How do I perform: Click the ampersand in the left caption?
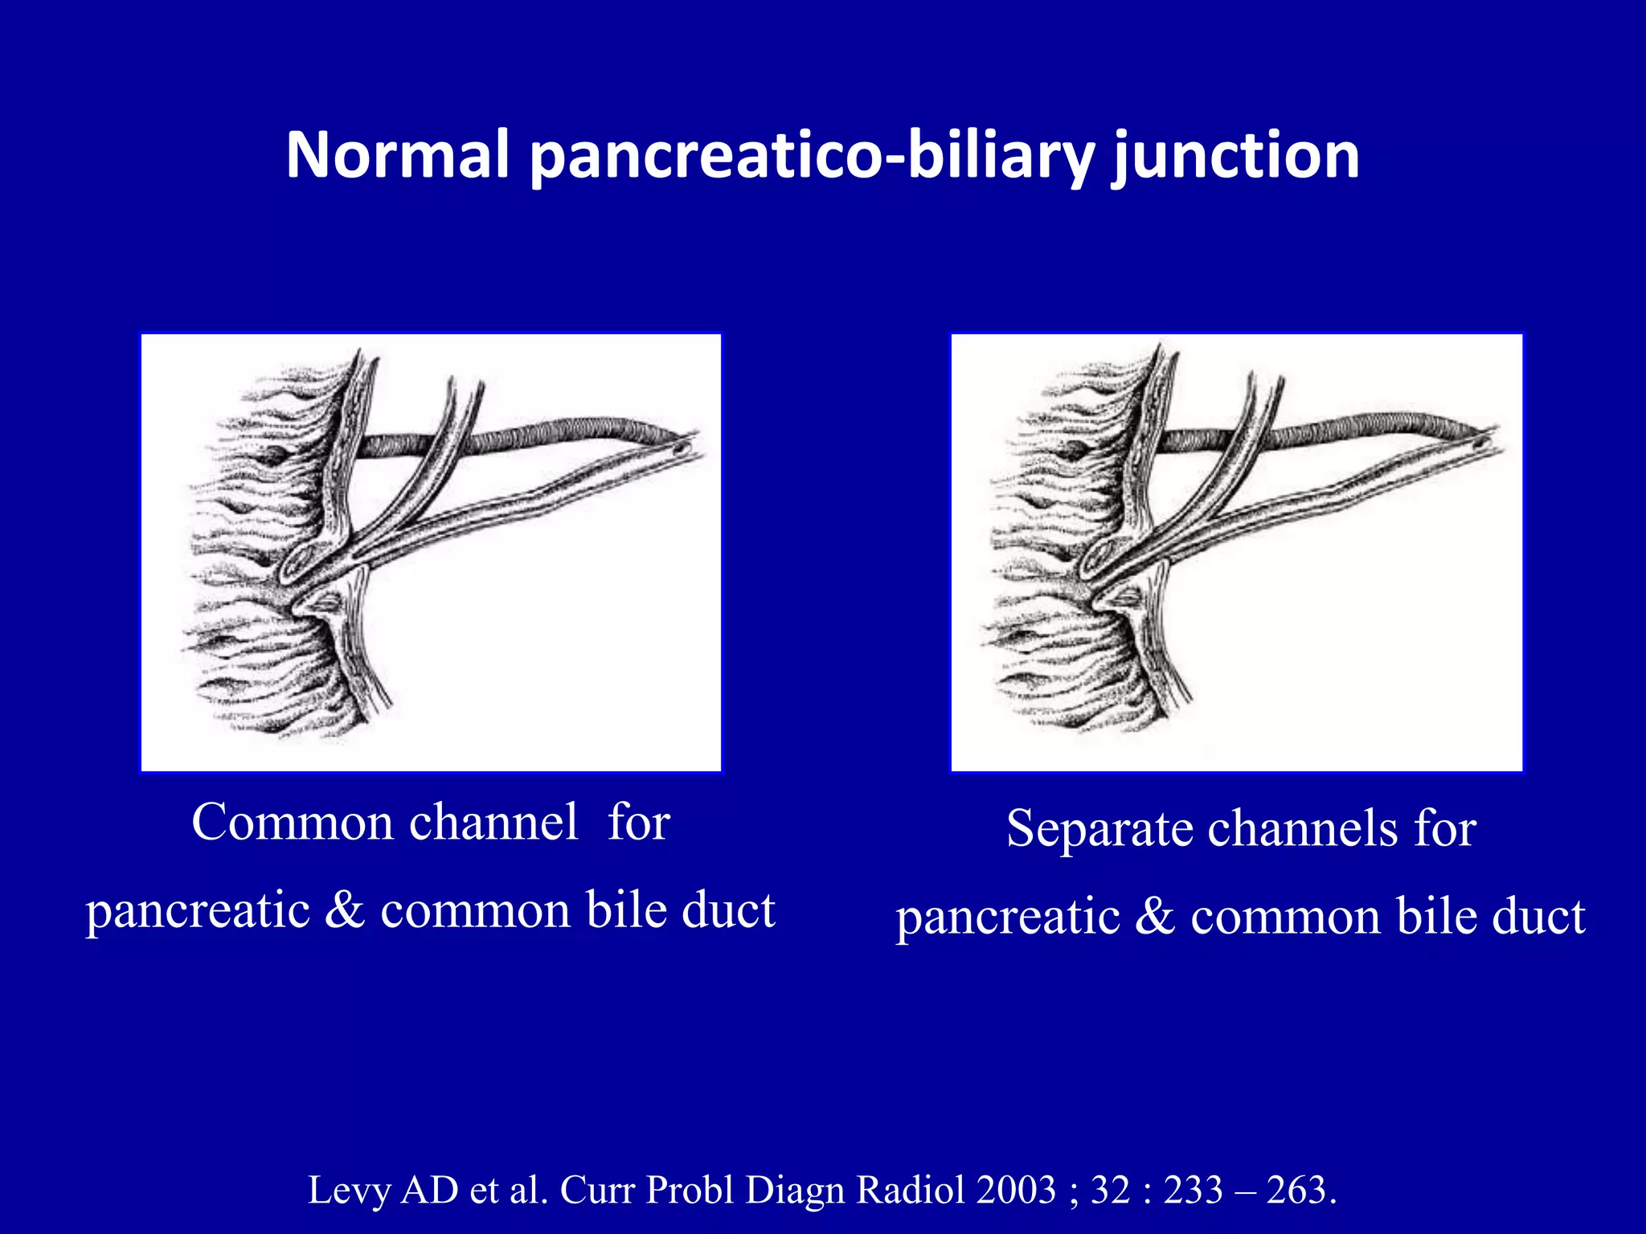346,910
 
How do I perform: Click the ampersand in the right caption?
1155,916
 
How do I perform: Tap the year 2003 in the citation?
1016,1190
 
